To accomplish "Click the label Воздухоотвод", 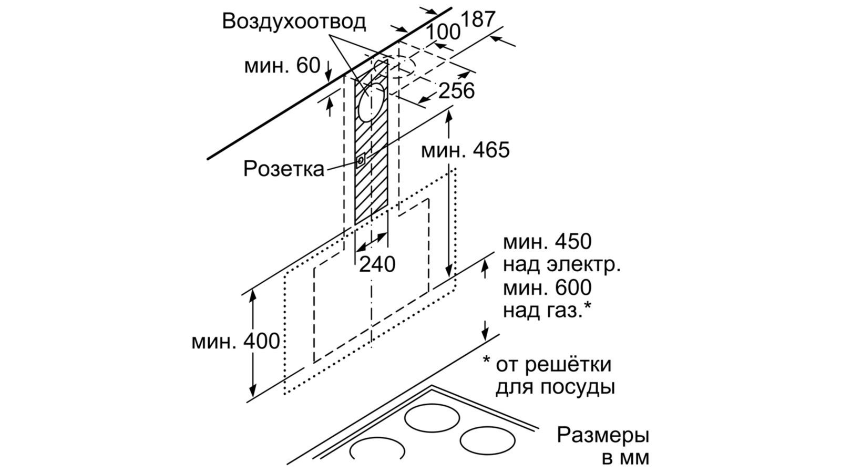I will pos(294,22).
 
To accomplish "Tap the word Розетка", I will pos(284,169).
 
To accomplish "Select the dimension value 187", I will pos(478,19).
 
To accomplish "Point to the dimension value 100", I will pos(443,32).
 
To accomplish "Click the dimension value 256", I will pos(456,91).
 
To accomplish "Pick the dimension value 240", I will pos(377,264).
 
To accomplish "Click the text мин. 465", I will pos(465,151).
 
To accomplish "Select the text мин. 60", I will pos(282,66).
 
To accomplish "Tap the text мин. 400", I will pos(235,342).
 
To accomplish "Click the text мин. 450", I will pos(547,242).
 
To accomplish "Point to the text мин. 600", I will pos(547,287).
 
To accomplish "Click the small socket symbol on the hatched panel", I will pos(361,160).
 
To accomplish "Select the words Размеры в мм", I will pos(602,446).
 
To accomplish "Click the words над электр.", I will pos(562,264).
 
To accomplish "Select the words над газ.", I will pos(546,310).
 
